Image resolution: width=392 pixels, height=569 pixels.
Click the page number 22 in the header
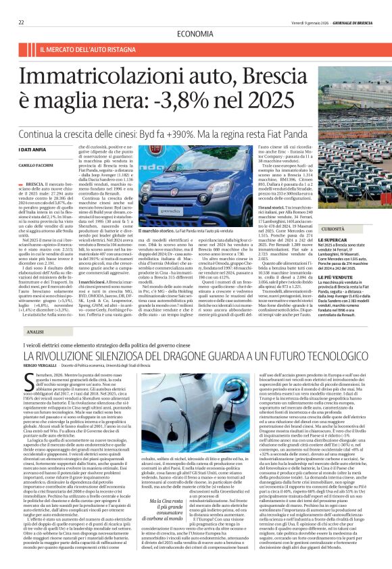tap(21, 22)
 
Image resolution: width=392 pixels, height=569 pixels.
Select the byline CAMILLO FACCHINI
tap(35, 165)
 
